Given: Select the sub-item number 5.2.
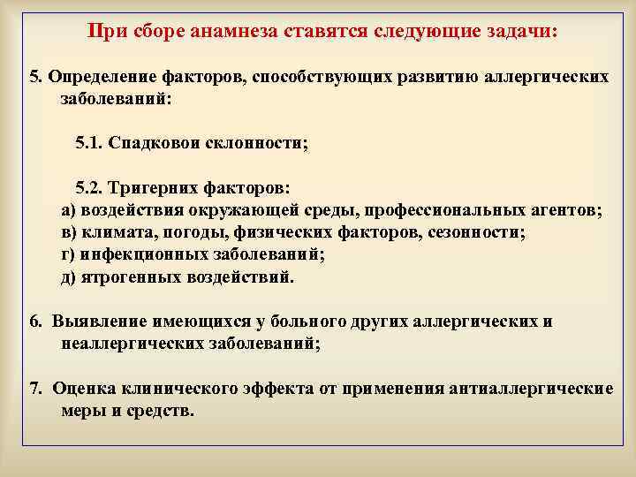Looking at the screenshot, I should click(x=90, y=188).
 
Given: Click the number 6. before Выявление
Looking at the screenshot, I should click(x=34, y=322).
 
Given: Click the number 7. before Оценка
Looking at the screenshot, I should click(x=34, y=390).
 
